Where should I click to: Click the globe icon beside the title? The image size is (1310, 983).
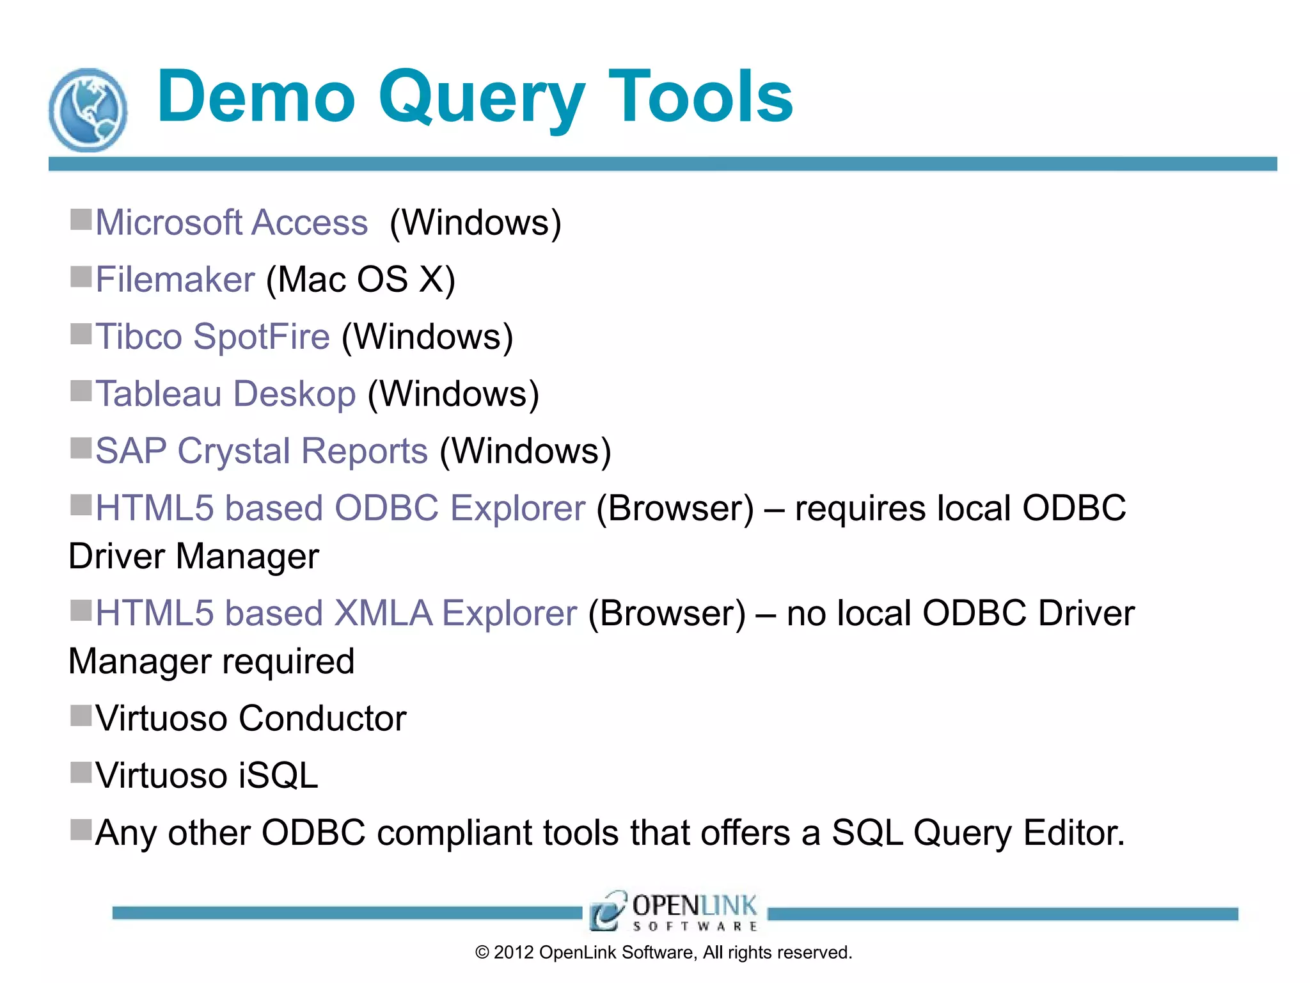[88, 111]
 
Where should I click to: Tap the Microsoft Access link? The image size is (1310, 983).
[232, 223]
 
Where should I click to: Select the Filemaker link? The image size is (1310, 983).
[175, 280]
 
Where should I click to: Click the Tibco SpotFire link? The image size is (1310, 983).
[213, 337]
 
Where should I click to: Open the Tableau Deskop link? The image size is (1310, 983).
[226, 394]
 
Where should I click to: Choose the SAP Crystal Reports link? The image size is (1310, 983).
[262, 451]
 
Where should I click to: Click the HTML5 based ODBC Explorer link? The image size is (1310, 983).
[340, 508]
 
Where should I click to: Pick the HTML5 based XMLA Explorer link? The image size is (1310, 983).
[336, 613]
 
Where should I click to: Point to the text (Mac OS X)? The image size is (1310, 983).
[361, 280]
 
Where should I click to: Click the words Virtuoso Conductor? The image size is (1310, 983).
[251, 718]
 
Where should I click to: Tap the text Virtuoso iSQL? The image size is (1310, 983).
[207, 776]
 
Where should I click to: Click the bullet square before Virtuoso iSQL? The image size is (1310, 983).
[81, 772]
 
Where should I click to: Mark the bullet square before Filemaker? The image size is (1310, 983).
[81, 277]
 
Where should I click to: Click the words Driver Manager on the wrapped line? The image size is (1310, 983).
[193, 556]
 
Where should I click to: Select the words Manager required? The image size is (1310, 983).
[211, 661]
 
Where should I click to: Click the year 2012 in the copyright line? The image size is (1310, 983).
[514, 952]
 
